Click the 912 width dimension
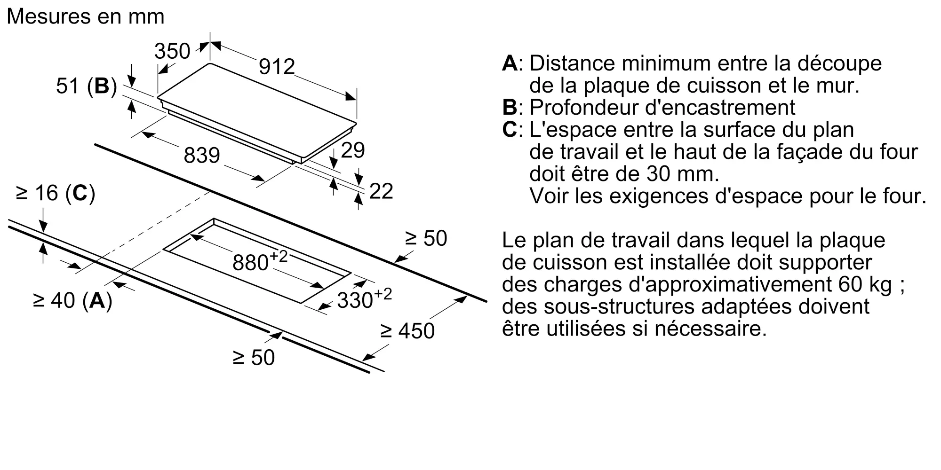pyautogui.click(x=277, y=67)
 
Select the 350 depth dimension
pyautogui.click(x=172, y=51)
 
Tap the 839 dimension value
pyautogui.click(x=202, y=156)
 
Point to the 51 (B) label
pyautogui.click(x=86, y=86)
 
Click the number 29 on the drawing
pyautogui.click(x=352, y=150)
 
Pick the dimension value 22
pyautogui.click(x=381, y=191)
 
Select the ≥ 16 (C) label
pyautogui.click(x=56, y=193)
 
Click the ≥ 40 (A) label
pyautogui.click(x=72, y=300)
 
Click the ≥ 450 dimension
pyautogui.click(x=407, y=331)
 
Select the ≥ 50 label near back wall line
pyautogui.click(x=426, y=239)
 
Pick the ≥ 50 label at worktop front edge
pyautogui.click(x=254, y=358)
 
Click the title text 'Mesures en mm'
pyautogui.click(x=86, y=17)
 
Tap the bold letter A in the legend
pyautogui.click(x=510, y=63)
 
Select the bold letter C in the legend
pyautogui.click(x=510, y=130)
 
